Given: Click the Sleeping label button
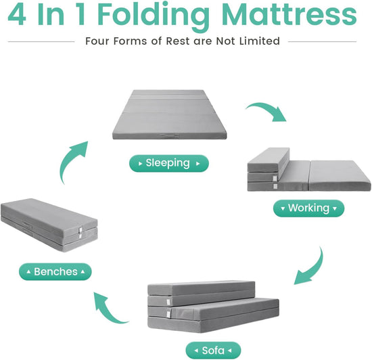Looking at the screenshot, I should pyautogui.click(x=169, y=163).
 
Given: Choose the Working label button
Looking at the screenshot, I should pyautogui.click(x=308, y=208).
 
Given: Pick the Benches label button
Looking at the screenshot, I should pyautogui.click(x=55, y=272).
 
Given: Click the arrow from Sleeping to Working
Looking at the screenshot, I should pyautogui.click(x=268, y=111).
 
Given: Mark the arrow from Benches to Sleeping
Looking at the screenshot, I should pyautogui.click(x=72, y=161).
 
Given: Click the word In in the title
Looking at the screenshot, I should pyautogui.click(x=63, y=15).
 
